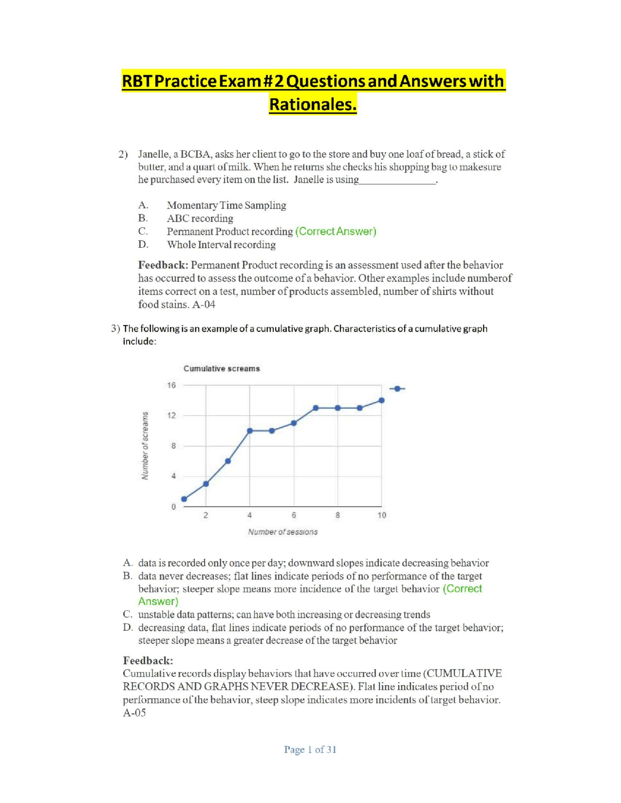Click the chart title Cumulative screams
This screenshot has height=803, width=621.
(x=221, y=369)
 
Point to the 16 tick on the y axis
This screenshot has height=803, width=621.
(x=171, y=385)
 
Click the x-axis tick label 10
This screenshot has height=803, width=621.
(x=382, y=515)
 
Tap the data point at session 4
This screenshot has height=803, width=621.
(x=250, y=431)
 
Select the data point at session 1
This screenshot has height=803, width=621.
(x=184, y=499)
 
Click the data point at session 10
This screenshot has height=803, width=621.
(x=382, y=401)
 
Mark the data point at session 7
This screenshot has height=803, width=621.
(x=316, y=408)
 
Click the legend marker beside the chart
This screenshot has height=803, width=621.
(x=397, y=388)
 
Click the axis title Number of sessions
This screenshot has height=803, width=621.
(x=283, y=532)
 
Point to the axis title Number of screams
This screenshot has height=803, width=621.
(x=145, y=445)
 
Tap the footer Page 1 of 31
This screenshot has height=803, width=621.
(x=310, y=750)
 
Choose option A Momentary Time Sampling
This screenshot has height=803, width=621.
(x=226, y=205)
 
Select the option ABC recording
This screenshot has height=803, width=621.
(x=200, y=218)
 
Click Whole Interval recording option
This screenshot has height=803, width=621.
(x=221, y=244)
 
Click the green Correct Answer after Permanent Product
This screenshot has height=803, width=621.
(x=336, y=231)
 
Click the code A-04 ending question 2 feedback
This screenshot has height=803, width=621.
(x=204, y=305)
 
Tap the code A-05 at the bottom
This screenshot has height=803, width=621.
(x=134, y=713)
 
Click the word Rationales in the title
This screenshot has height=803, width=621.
(x=313, y=104)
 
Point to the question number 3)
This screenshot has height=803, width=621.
(x=115, y=328)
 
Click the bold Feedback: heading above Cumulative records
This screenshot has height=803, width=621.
(x=148, y=660)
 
